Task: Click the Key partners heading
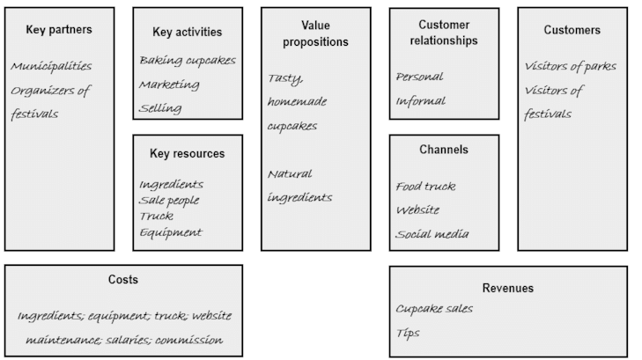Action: coord(59,30)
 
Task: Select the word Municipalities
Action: coord(51,66)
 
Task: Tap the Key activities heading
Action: coord(187,33)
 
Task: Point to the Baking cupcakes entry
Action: coord(187,60)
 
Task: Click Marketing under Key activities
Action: coord(169,84)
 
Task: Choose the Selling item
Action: coord(160,108)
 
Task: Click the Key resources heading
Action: coord(187,153)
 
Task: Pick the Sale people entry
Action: coord(169,200)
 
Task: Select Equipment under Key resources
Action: coord(170,232)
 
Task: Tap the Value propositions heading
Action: coord(314,33)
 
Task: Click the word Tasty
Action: coord(284,78)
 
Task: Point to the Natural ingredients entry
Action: coord(299,186)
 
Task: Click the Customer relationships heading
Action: coord(444,33)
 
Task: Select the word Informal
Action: coord(420,100)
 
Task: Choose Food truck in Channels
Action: coord(425,186)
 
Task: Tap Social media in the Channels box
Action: coord(432,234)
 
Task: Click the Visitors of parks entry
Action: coord(570,66)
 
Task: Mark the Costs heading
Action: coord(123,280)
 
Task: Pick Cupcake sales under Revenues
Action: coord(434,309)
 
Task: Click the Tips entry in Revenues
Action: coord(408,334)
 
